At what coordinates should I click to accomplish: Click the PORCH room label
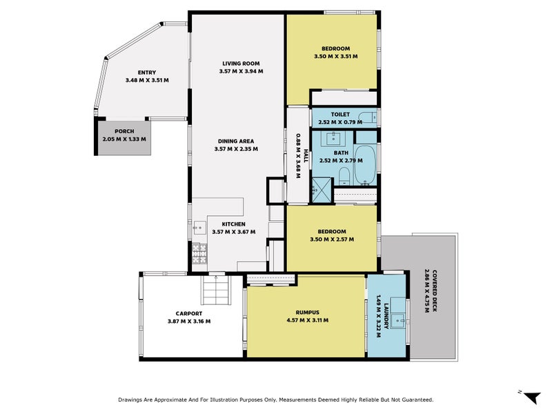[124, 131]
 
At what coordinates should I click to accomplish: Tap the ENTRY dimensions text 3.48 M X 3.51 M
[147, 81]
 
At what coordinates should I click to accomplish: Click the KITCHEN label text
[233, 224]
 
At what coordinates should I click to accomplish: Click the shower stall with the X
[320, 187]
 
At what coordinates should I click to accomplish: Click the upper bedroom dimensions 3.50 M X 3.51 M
[335, 56]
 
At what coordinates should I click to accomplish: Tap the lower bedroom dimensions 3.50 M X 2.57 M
[332, 239]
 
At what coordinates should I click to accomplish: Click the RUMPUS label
[306, 312]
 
